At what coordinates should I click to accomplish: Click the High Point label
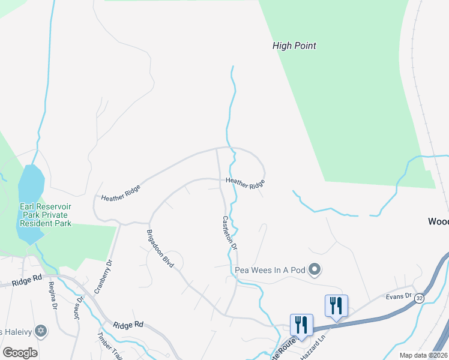tap(294, 46)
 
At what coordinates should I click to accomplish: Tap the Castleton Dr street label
tap(231, 233)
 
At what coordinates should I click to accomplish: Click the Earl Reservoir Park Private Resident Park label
tap(45, 215)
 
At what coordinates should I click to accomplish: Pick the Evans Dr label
tap(400, 296)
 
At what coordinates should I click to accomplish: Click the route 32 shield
tap(419, 298)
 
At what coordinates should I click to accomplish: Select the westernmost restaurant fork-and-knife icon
tap(300, 325)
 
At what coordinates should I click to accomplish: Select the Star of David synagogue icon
tap(41, 331)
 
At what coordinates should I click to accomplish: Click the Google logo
tap(20, 353)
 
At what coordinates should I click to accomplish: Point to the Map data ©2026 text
tap(423, 355)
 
